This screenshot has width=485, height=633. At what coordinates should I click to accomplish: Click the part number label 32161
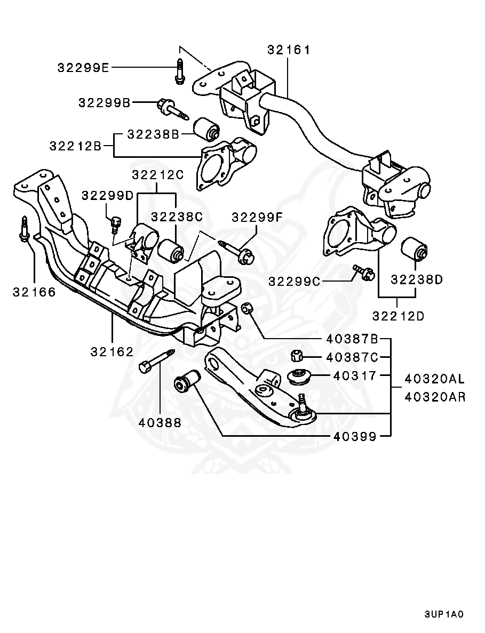coord(289,50)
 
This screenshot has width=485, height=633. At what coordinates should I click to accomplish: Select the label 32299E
coord(83,67)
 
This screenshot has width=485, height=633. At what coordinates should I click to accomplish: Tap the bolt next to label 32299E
coord(179,72)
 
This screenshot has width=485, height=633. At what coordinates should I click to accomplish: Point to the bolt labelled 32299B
coord(173,109)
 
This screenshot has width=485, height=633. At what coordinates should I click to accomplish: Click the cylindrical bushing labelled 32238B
coord(206,129)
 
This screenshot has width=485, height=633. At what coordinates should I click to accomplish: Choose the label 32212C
coord(158,175)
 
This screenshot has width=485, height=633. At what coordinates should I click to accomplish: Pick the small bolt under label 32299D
coord(115,223)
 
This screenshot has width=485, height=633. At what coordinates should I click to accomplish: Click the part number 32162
coord(112,351)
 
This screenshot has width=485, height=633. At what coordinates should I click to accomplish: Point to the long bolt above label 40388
coord(156,361)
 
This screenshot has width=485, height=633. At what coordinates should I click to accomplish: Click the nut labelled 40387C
coord(297,356)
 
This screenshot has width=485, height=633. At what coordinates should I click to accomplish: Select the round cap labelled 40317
coord(300,376)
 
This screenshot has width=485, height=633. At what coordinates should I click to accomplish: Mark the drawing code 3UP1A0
coord(444,614)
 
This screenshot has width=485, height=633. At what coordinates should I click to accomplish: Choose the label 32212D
coord(398,316)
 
